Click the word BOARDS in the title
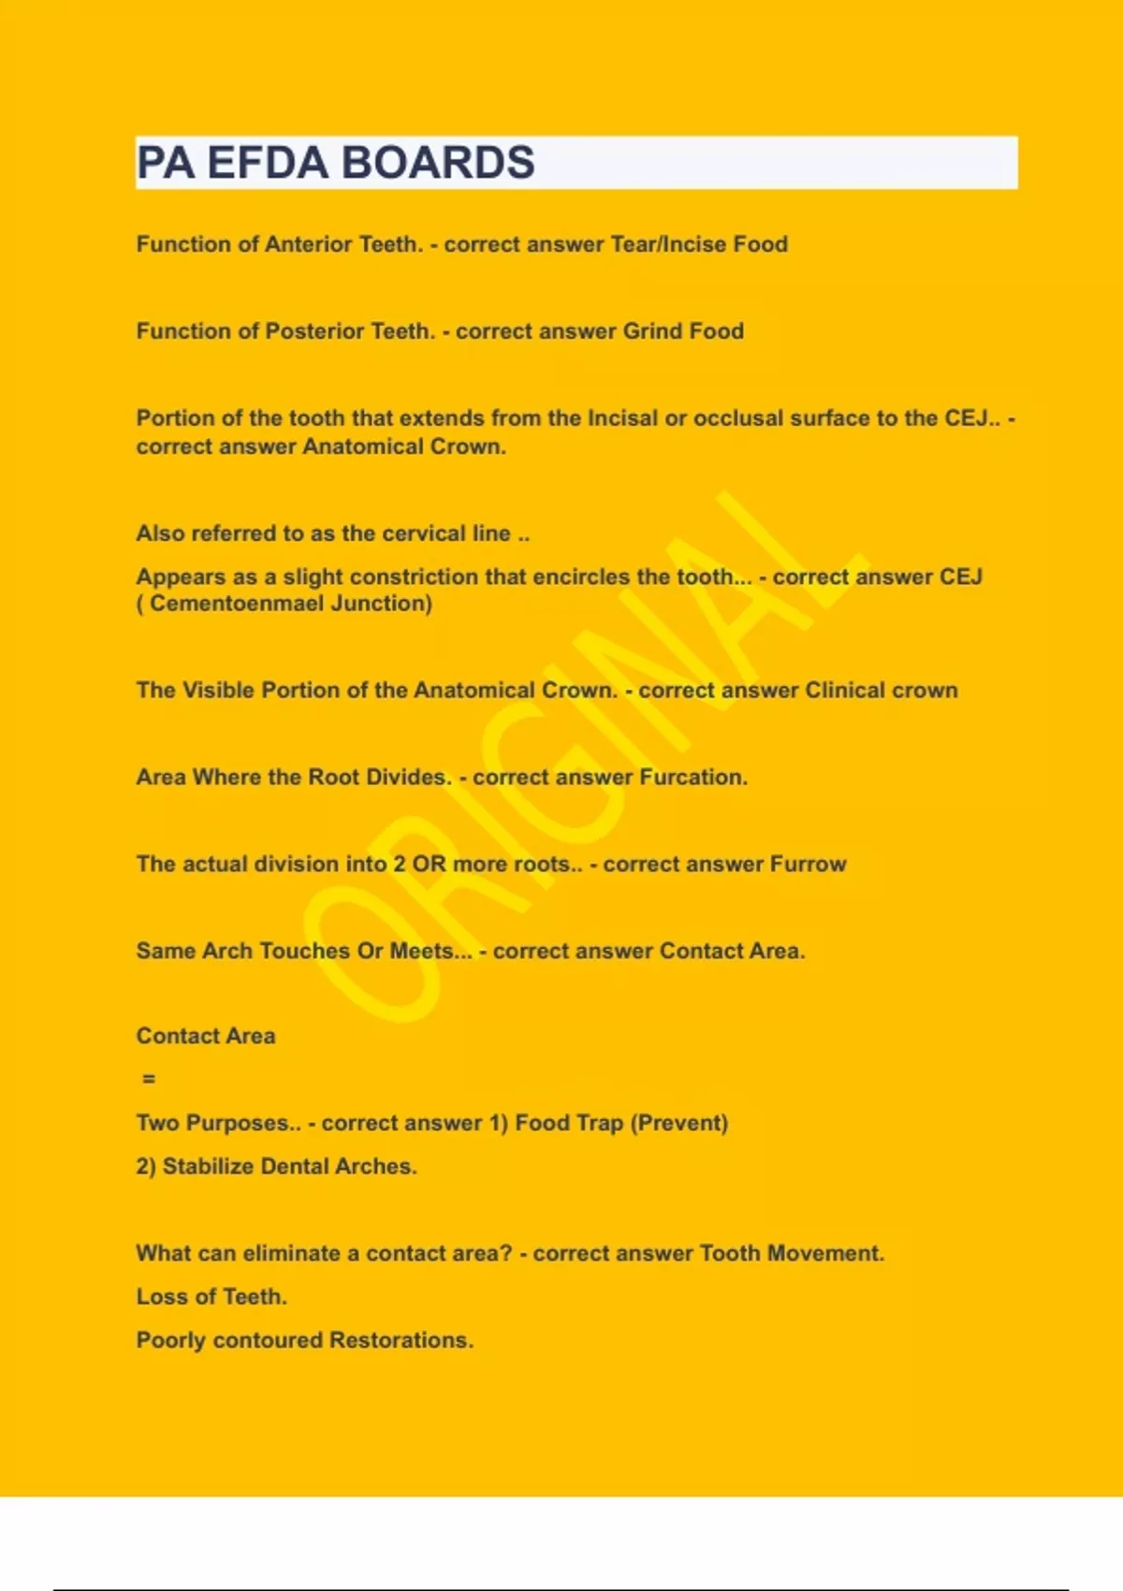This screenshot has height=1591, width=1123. [437, 163]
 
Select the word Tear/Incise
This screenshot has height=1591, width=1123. [668, 244]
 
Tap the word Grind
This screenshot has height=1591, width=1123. [652, 331]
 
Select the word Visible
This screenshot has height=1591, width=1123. [218, 691]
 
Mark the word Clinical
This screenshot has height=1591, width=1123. [844, 691]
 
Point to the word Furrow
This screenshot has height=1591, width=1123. [808, 865]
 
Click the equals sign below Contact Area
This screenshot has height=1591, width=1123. [149, 1079]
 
